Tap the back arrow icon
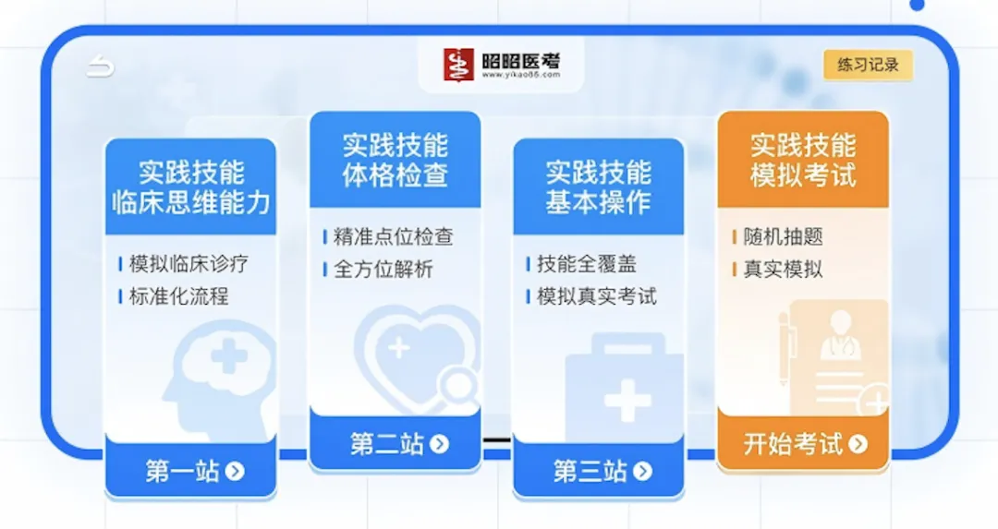101,66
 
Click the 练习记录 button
868,66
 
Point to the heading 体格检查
396,174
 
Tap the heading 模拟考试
803,174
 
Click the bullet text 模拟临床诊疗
189,264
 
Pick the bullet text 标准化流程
178,296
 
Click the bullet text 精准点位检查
393,237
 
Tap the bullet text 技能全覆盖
587,264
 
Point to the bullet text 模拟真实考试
597,296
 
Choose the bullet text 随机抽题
783,237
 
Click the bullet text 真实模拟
783,270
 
